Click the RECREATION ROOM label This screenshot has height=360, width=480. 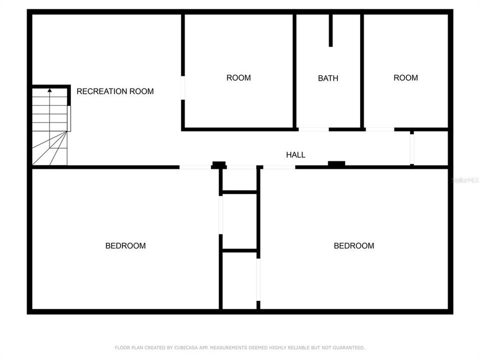click(x=115, y=91)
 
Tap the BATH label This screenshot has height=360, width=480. click(x=328, y=78)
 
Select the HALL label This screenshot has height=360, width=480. click(x=295, y=155)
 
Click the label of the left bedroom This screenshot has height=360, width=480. click(x=125, y=245)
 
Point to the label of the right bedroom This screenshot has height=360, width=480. click(x=354, y=245)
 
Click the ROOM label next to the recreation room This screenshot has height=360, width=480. click(x=238, y=77)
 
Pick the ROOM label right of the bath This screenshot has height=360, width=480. click(x=405, y=77)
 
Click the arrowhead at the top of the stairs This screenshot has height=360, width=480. click(x=49, y=90)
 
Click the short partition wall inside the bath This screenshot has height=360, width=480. click(x=330, y=30)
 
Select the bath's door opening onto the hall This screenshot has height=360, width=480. click(x=313, y=129)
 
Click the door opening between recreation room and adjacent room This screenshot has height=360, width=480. click(x=183, y=88)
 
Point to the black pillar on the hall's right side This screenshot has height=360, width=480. click(x=336, y=163)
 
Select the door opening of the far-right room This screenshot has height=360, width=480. click(x=379, y=129)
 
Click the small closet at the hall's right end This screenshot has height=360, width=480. click(x=429, y=148)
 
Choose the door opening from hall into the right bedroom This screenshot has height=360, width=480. click(x=279, y=167)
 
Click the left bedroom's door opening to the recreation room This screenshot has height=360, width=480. click(x=195, y=167)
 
